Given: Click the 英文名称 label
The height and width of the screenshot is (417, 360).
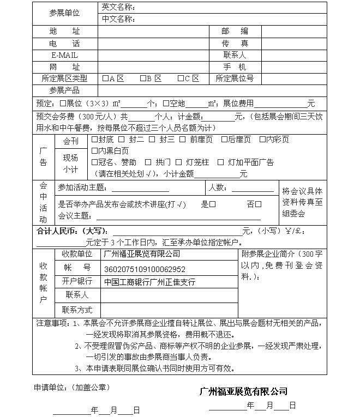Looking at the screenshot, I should click(118, 8).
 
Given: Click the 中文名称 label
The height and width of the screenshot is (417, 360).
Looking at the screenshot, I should click(118, 20).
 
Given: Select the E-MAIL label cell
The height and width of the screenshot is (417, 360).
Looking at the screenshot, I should click(64, 56).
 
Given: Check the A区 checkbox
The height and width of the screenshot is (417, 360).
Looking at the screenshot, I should click(105, 78).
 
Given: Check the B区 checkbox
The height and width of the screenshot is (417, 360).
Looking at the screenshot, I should click(143, 78).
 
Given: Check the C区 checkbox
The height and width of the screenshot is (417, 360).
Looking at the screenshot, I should click(181, 78).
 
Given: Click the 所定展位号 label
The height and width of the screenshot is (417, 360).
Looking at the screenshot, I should click(235, 78).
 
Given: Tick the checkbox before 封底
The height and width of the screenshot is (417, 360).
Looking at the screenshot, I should click(94, 140).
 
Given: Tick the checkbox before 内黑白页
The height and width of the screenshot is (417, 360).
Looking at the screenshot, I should click(94, 151).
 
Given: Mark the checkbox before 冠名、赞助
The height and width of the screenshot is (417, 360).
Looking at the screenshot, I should click(94, 162).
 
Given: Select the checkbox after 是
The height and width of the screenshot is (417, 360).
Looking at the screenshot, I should click(213, 204).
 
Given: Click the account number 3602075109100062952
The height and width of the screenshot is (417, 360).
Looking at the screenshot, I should click(145, 269).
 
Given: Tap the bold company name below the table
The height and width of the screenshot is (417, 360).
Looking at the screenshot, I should click(243, 391).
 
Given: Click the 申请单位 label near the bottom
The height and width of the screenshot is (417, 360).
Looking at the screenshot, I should click(52, 388).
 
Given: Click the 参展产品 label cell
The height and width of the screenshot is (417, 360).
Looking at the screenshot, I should click(64, 90).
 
